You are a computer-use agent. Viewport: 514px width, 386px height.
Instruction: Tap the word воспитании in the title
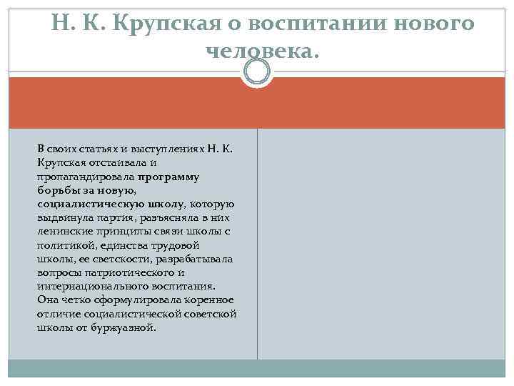[x=318, y=23]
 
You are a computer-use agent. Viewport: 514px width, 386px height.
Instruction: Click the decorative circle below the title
[x=257, y=71]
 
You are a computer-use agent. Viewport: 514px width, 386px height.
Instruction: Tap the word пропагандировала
[x=86, y=175]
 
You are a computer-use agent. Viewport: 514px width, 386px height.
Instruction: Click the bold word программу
[x=169, y=175]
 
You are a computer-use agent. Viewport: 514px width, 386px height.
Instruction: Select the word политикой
[x=65, y=244]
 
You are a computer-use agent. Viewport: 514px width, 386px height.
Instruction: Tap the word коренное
[x=209, y=300]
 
